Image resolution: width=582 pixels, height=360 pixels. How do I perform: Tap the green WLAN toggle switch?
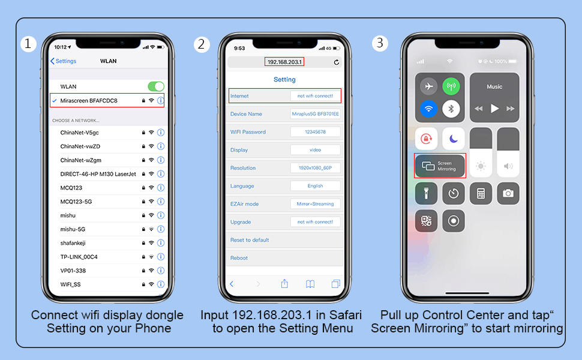click(x=156, y=86)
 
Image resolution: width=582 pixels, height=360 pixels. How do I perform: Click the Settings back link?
click(x=64, y=61)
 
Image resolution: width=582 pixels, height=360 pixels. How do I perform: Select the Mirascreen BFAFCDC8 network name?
click(x=89, y=101)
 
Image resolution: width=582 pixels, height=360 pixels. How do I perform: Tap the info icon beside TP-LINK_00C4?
click(x=161, y=257)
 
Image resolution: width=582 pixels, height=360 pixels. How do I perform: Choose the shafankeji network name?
click(x=73, y=243)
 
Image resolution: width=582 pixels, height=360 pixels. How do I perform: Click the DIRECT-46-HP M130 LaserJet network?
click(x=98, y=174)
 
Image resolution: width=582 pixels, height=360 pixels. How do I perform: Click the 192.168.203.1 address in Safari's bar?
click(x=284, y=62)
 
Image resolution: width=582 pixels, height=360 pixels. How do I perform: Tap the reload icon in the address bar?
click(x=336, y=62)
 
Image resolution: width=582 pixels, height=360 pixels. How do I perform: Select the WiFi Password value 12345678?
click(x=315, y=132)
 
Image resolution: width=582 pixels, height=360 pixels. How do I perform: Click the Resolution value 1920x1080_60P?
click(x=315, y=168)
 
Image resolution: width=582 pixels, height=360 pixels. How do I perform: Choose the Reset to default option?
click(x=250, y=240)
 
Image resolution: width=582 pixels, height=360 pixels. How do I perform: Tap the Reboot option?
click(x=239, y=258)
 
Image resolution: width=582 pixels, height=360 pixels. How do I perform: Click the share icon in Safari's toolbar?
click(x=284, y=284)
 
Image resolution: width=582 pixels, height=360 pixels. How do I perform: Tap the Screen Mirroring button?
click(x=440, y=166)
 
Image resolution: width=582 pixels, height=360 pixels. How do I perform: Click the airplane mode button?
click(x=429, y=86)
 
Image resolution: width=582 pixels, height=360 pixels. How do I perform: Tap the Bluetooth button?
click(x=451, y=109)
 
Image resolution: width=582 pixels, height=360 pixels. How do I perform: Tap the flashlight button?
click(x=426, y=193)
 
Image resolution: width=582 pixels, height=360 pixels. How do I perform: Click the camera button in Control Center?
click(x=508, y=193)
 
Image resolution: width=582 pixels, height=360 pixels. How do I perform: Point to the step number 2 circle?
click(x=202, y=44)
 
